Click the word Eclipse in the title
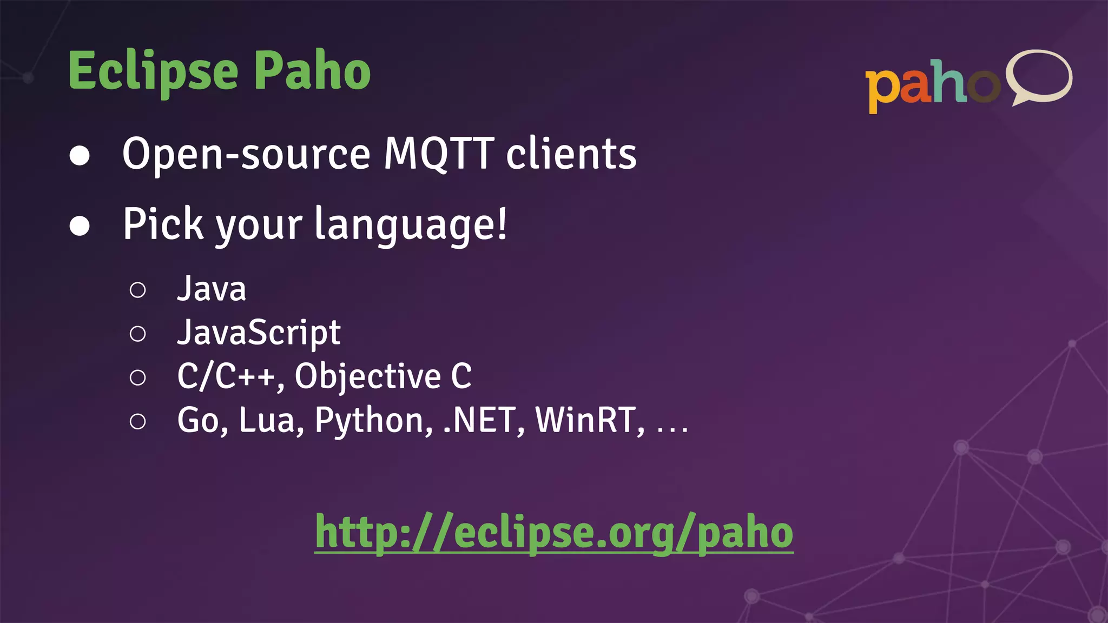tap(153, 71)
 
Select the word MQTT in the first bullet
tap(439, 154)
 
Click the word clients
tap(571, 154)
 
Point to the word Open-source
tap(246, 155)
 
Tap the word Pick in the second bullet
tap(163, 224)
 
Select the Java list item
tap(212, 289)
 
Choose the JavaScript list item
tap(259, 333)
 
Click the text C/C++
tap(226, 376)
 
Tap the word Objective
tap(368, 377)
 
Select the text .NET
tap(479, 420)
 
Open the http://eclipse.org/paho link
tap(554, 533)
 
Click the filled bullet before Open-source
tap(80, 156)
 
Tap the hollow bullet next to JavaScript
tap(138, 334)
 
